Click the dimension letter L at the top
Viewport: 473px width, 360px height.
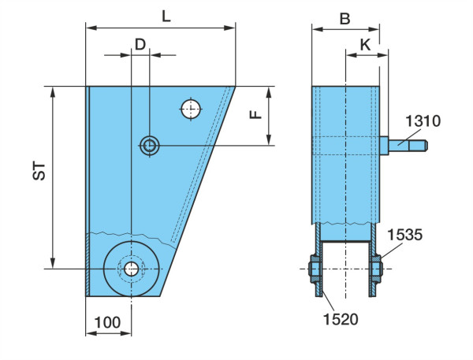(x=166, y=16)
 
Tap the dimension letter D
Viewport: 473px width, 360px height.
(x=140, y=45)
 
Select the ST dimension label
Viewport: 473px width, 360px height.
(x=39, y=172)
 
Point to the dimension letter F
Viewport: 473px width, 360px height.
(x=256, y=114)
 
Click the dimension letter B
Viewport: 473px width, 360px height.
(x=345, y=19)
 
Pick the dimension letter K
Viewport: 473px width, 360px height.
(x=365, y=45)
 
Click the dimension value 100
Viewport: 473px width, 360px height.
(x=107, y=322)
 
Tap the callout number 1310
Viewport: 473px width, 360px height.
(x=423, y=121)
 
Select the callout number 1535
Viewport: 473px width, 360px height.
(x=405, y=235)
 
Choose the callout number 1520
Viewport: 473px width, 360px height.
(x=341, y=319)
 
